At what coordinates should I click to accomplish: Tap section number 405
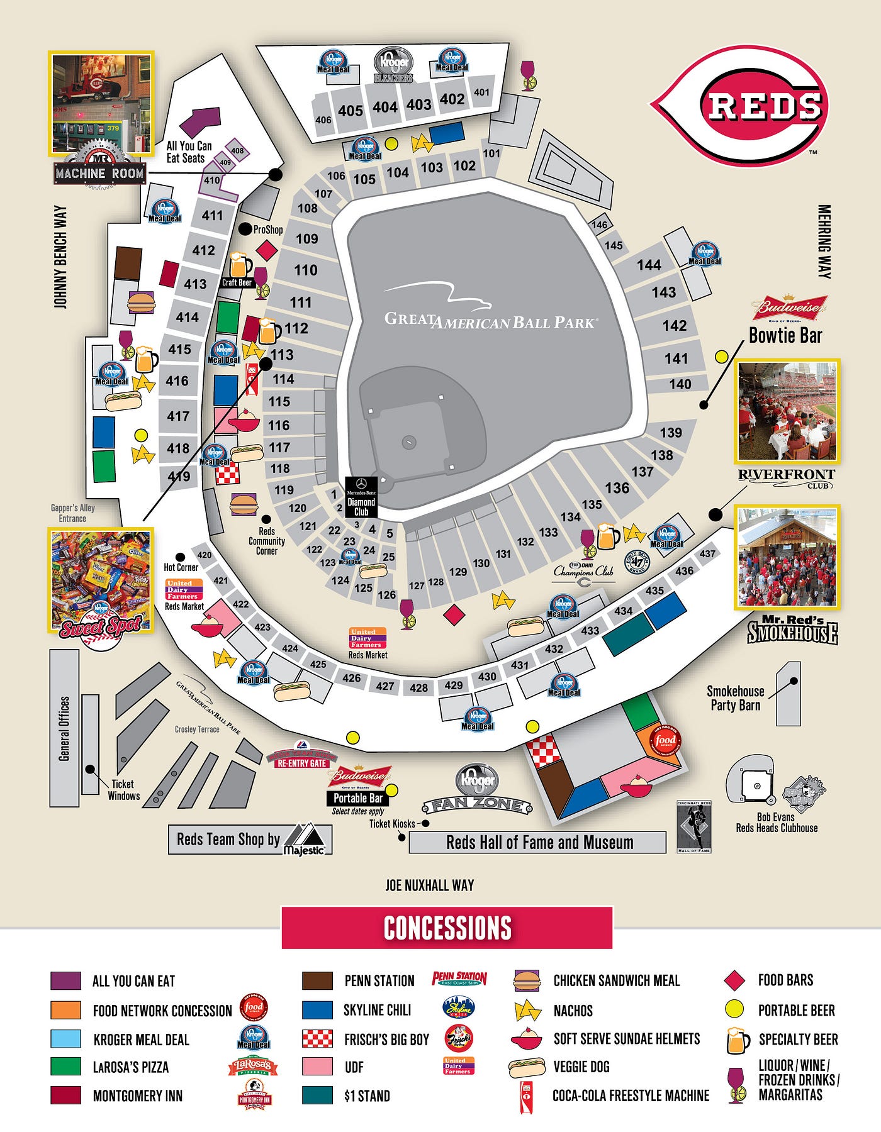point(350,111)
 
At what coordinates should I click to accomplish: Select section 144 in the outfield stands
point(649,265)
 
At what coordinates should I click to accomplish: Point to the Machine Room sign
point(99,172)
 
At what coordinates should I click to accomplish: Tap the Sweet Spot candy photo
point(101,579)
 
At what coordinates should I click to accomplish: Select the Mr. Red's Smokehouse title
point(792,631)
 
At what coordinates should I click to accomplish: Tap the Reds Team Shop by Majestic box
point(250,840)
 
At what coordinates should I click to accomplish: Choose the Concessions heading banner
point(447,928)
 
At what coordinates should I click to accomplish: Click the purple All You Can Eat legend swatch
point(65,980)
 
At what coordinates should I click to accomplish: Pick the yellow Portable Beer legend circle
point(734,1009)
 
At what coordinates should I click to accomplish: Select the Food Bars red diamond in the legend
point(734,980)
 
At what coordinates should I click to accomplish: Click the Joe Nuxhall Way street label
point(429,885)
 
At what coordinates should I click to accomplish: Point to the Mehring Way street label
point(824,241)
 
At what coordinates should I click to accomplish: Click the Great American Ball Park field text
point(491,321)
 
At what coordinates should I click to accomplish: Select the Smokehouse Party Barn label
point(735,698)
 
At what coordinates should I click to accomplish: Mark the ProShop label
point(268,230)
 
